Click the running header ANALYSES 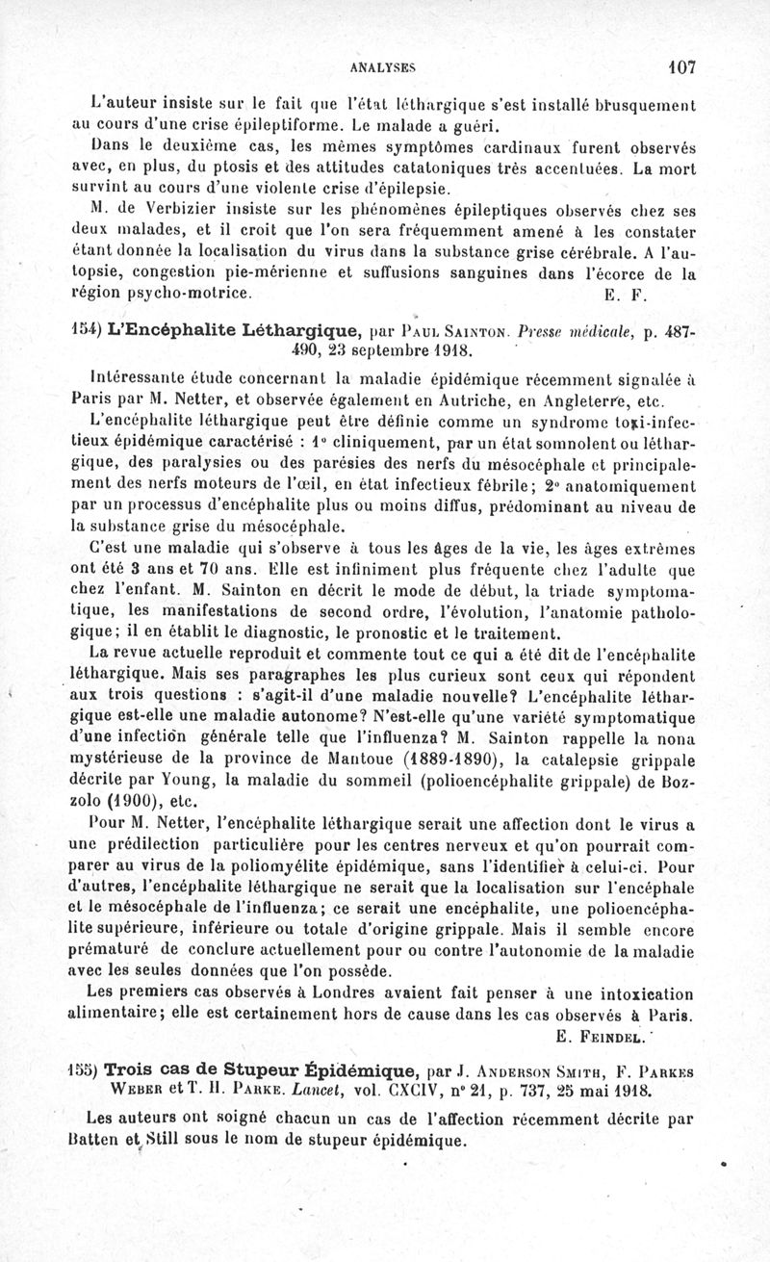click(x=382, y=68)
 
